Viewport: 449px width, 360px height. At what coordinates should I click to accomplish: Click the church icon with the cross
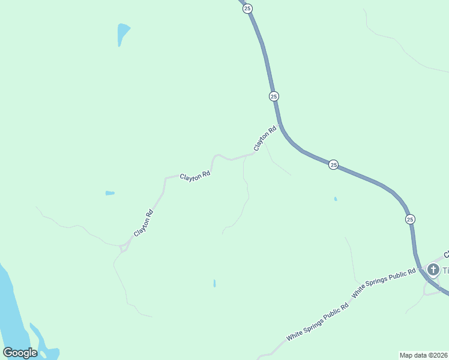point(433,271)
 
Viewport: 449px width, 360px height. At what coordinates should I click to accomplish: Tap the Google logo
point(20,353)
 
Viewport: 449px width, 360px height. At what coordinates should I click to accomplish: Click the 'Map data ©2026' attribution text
point(423,355)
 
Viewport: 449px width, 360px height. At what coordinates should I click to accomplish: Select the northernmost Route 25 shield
point(247,8)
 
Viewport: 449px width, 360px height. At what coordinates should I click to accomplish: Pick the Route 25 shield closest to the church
point(410,219)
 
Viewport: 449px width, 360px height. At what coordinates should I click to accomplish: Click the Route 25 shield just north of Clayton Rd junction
point(274,96)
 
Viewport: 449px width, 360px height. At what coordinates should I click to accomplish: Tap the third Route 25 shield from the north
point(333,164)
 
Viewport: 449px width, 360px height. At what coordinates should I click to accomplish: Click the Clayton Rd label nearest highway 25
point(265,137)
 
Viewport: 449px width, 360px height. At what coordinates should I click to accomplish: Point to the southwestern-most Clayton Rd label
point(143,223)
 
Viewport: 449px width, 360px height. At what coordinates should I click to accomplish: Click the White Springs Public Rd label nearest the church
point(384,283)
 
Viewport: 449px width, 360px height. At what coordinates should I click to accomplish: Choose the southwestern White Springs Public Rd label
point(318,322)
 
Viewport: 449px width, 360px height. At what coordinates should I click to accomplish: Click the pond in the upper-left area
point(122,32)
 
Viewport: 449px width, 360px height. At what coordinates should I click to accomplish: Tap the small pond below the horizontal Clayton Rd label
point(110,193)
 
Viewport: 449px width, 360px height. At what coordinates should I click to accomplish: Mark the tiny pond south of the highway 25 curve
point(336,199)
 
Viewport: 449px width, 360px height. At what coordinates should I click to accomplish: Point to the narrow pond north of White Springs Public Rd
point(214,283)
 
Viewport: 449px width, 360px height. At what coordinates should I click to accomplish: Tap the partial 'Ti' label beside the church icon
point(446,271)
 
